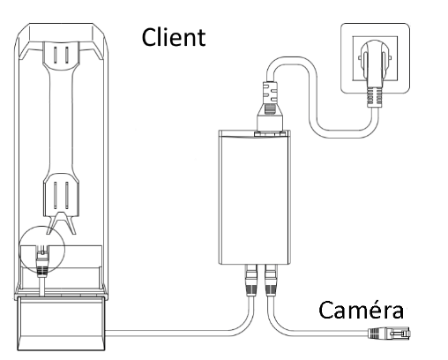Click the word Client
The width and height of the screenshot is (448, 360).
pyautogui.click(x=174, y=37)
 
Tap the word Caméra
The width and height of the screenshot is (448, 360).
pyautogui.click(x=362, y=310)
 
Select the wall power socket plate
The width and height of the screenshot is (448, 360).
pyautogui.click(x=375, y=58)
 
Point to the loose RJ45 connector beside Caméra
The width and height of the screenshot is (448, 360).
pyautogui.click(x=389, y=334)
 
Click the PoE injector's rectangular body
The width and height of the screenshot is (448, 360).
pyautogui.click(x=255, y=198)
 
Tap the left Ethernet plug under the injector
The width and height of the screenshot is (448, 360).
pyautogui.click(x=251, y=280)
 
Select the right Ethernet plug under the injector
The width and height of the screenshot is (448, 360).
pyautogui.click(x=271, y=280)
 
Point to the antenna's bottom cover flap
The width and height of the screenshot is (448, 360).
pyautogui.click(x=61, y=324)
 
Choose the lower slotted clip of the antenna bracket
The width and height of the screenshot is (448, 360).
pyautogui.click(x=61, y=195)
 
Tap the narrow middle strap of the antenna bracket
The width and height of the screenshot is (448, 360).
pyautogui.click(x=61, y=121)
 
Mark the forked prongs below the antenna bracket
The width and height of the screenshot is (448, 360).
pyautogui.click(x=61, y=222)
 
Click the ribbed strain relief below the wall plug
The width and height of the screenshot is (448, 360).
pyautogui.click(x=374, y=97)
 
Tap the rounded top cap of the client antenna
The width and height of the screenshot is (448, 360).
pyautogui.click(x=62, y=33)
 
